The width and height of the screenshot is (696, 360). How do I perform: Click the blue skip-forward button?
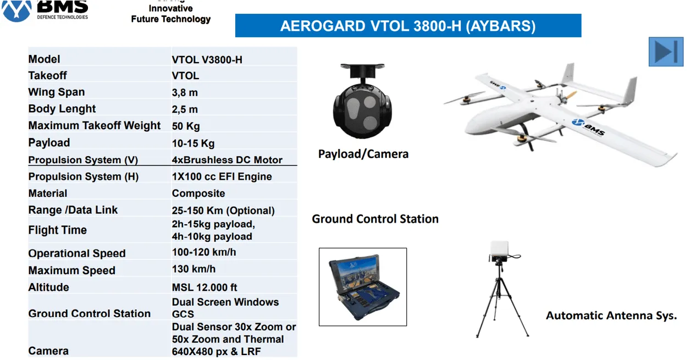pyautogui.click(x=666, y=52)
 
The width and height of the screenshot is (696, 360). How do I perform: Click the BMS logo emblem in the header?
pyautogui.click(x=16, y=10)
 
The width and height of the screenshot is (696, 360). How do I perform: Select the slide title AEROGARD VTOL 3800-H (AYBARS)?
pyautogui.click(x=408, y=26)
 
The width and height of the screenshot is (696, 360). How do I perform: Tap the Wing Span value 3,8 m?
pyautogui.click(x=185, y=92)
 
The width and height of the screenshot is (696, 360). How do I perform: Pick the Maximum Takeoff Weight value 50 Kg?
pyautogui.click(x=186, y=126)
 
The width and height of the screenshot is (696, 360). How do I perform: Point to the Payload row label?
pyautogui.click(x=49, y=142)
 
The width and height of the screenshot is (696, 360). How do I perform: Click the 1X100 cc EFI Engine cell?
pyautogui.click(x=222, y=176)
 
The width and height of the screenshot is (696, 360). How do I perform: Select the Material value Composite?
pyautogui.click(x=198, y=193)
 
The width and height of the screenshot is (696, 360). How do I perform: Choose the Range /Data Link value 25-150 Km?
pyautogui.click(x=197, y=211)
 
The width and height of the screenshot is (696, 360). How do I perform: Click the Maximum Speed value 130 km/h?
pyautogui.click(x=194, y=269)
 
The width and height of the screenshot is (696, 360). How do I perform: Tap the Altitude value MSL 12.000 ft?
pyautogui.click(x=205, y=287)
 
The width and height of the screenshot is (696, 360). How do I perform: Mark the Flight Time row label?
pyautogui.click(x=58, y=230)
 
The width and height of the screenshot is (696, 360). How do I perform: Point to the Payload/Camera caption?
pyautogui.click(x=363, y=154)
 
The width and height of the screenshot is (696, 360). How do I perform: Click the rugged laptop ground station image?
pyautogui.click(x=363, y=287)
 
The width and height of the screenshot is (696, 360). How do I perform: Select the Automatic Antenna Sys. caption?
pyautogui.click(x=611, y=315)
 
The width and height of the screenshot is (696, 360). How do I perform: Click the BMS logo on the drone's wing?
pyautogui.click(x=588, y=127)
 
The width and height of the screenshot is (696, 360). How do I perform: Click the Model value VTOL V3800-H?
pyautogui.click(x=207, y=60)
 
